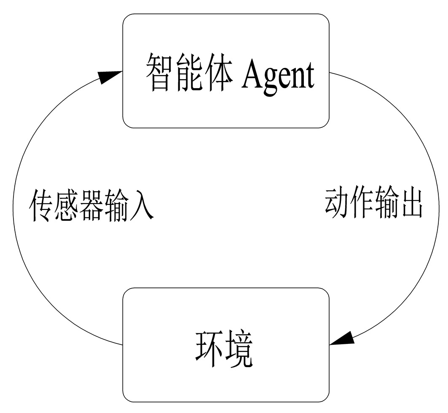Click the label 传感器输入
91,205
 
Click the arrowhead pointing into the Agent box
109,76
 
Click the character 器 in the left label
91,205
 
